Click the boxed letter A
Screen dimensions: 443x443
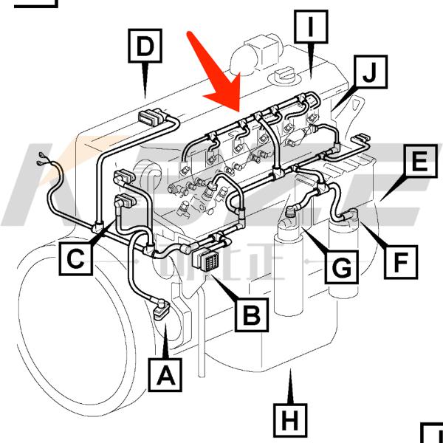pyautogui.click(x=166, y=375)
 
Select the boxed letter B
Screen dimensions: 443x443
pyautogui.click(x=252, y=315)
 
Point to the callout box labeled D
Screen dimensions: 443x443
pyautogui.click(x=145, y=46)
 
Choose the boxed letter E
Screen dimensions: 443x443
pyautogui.click(x=419, y=161)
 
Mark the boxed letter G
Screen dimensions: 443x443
pyautogui.click(x=340, y=267)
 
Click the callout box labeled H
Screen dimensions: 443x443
pyautogui.click(x=290, y=421)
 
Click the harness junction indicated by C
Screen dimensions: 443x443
pyautogui.click(x=99, y=226)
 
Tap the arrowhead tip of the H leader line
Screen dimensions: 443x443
pyautogui.click(x=290, y=374)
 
